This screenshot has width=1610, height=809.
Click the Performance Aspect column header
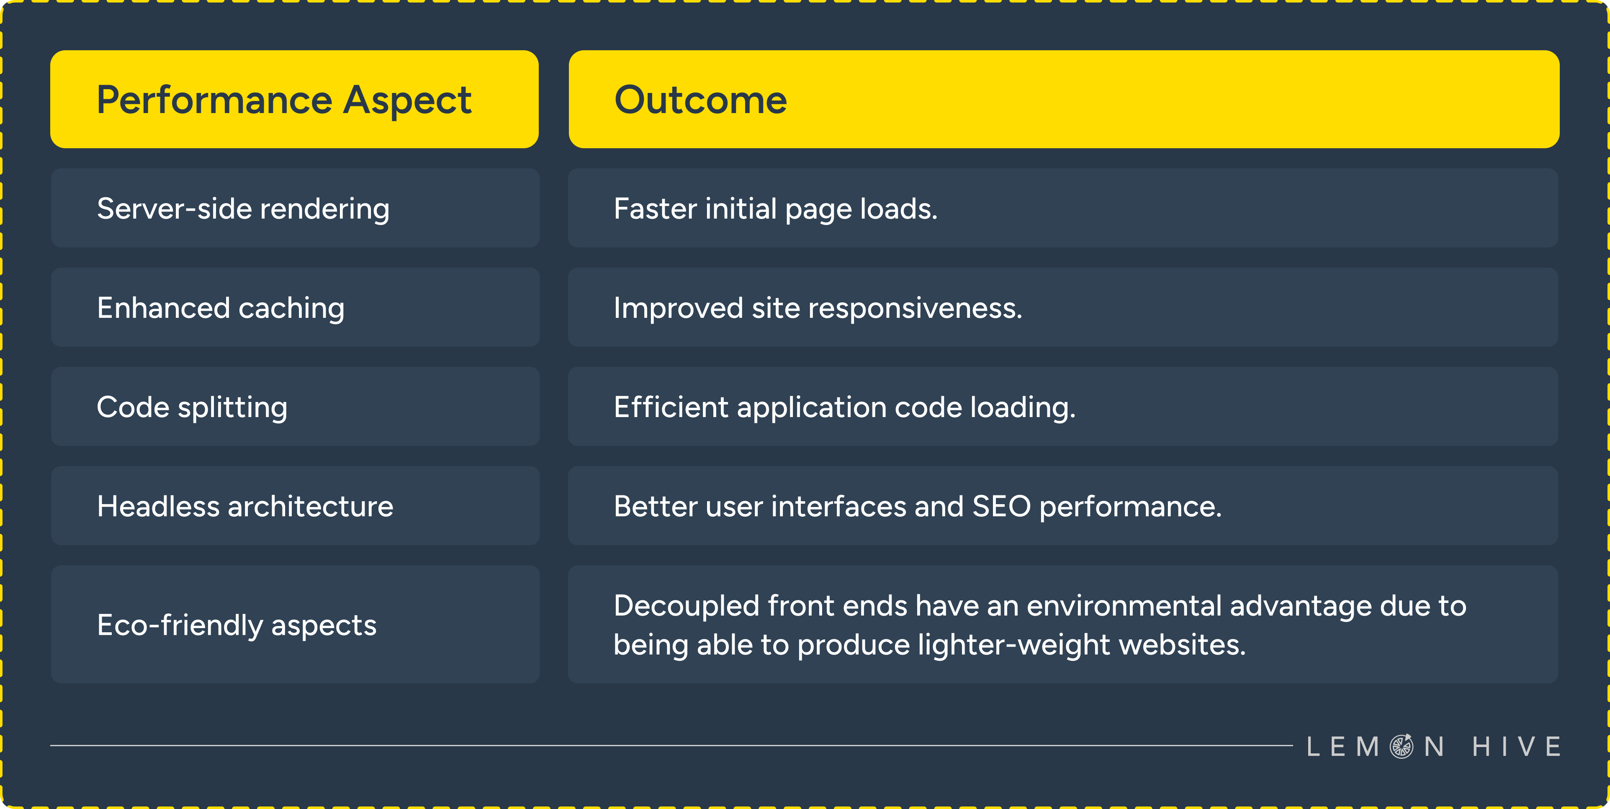294,99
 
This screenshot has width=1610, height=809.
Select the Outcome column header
1063,99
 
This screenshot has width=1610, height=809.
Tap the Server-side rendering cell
295,208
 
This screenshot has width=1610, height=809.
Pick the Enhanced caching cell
295,308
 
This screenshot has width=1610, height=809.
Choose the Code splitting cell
295,407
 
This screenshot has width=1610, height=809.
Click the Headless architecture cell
295,506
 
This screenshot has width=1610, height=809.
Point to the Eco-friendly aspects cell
295,625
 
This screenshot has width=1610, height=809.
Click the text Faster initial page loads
775,209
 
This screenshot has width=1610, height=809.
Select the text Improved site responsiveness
818,308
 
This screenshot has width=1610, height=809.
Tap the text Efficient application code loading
844,407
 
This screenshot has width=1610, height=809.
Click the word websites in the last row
1182,644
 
